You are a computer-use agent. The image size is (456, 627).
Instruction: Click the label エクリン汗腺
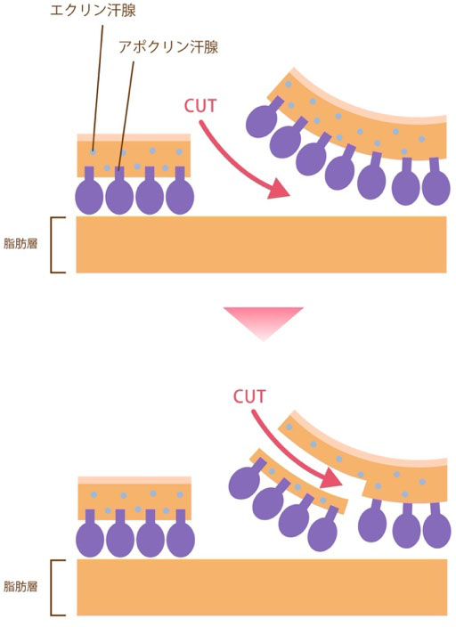[93, 10]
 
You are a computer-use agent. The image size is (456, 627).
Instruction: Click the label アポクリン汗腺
[168, 47]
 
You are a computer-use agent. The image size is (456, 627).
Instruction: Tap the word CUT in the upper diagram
[200, 106]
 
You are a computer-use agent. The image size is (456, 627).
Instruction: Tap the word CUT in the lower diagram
[249, 396]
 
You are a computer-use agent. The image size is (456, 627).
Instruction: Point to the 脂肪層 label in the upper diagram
[20, 243]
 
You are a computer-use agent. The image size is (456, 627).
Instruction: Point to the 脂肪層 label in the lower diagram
[20, 586]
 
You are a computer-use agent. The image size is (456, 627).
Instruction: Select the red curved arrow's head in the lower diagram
[330, 477]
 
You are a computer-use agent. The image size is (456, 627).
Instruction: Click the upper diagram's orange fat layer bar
[261, 244]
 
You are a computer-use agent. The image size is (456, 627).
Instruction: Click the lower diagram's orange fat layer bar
[262, 587]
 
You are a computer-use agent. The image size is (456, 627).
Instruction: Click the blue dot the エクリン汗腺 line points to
[93, 152]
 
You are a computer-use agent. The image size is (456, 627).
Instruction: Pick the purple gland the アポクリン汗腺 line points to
[119, 191]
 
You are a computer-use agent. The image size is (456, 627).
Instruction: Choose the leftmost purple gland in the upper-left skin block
[89, 191]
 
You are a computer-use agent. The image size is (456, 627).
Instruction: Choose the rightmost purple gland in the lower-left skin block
[181, 534]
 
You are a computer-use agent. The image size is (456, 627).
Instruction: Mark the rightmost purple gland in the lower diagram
[436, 525]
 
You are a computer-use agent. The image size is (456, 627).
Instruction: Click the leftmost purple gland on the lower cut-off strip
[245, 480]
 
